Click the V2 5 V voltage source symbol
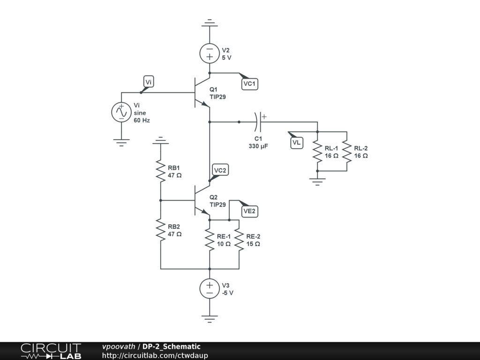pos(210,53)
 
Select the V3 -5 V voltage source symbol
pos(210,289)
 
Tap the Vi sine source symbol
pos(121,112)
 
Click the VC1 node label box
pos(249,84)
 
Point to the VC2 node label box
pos(220,170)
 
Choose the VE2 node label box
pos(249,211)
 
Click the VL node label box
pos(297,142)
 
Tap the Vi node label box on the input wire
pos(148,82)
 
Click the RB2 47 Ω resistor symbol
pos(161,230)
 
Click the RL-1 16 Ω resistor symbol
pos(318,152)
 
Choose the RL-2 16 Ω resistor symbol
pos(347,152)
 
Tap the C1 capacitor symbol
pos(258,122)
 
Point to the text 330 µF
pos(258,146)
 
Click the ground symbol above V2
pos(210,22)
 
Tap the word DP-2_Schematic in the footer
pos(172,346)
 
